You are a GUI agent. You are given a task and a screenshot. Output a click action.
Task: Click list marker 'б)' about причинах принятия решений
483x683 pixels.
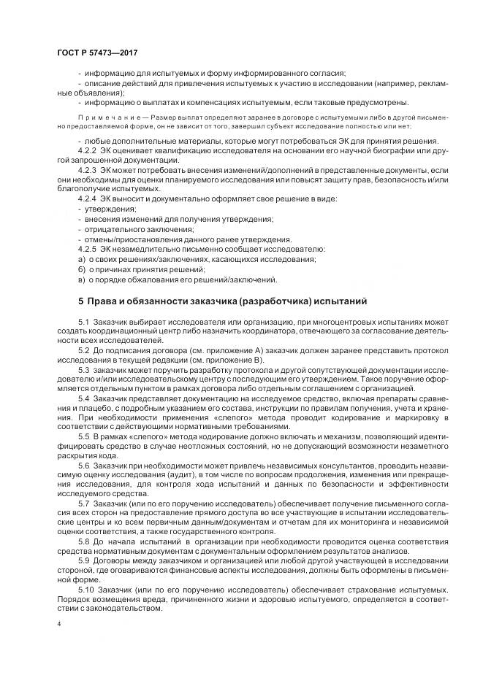pos(81,269)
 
